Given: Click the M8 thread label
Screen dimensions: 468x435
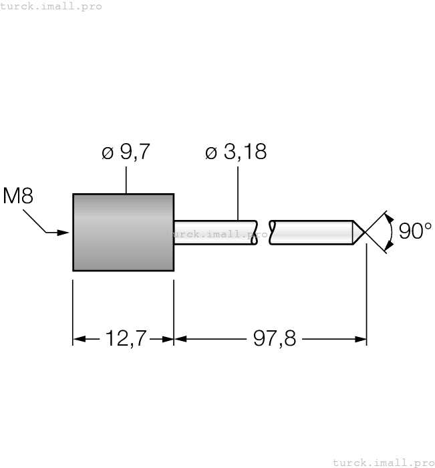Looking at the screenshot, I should pos(18,196).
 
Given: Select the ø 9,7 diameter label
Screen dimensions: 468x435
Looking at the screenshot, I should pos(126,152).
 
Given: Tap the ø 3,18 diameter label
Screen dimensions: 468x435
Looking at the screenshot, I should pos(236,152).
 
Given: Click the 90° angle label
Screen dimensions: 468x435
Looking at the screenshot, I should pos(415,231).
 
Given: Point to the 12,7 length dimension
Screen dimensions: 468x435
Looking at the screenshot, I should pos(123,339).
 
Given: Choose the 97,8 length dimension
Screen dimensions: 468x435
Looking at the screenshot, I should pos(274,339).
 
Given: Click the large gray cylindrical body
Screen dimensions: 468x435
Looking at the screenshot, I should pos(123,232).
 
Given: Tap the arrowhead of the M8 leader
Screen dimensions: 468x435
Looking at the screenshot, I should pos(64,233).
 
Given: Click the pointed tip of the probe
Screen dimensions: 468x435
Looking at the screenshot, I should pos(364,232).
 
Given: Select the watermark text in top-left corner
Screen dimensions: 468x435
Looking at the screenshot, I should pos(51,6).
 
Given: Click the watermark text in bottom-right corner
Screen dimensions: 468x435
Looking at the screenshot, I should pos(383,462).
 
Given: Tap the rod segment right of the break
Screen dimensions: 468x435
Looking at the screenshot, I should pos(311,232).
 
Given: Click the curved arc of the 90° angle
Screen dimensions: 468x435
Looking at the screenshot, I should pos(392,231).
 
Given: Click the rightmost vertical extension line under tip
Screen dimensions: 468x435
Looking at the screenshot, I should pos(366,294).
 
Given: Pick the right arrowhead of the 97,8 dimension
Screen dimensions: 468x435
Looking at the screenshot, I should pos(360,339).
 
